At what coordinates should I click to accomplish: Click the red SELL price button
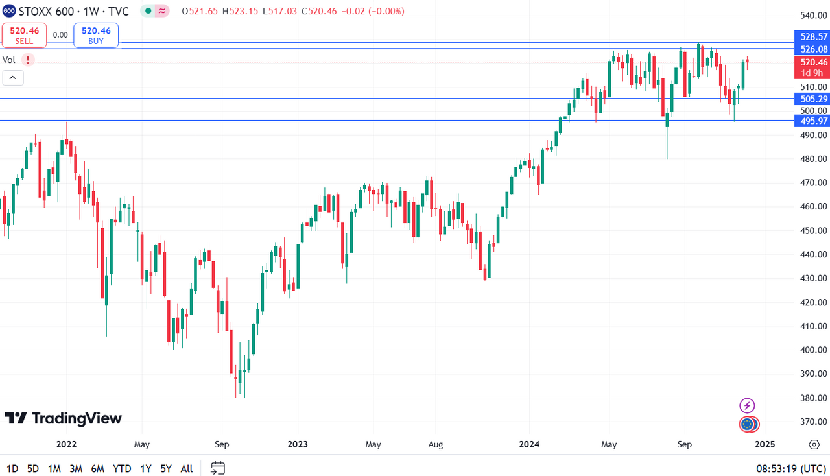pos(24,35)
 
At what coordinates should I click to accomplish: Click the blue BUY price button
pos(96,35)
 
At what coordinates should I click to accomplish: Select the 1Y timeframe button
pos(146,468)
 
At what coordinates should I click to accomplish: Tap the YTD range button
pos(122,468)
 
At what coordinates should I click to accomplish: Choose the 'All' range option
pos(187,468)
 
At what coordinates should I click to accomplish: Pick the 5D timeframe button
pos(33,468)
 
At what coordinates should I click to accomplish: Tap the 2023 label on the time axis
pos(298,444)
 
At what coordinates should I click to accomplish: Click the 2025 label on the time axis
pos(765,444)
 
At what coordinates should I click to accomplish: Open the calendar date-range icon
pos(218,468)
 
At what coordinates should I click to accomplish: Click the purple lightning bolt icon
pos(747,406)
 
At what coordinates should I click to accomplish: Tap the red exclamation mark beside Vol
pos(28,60)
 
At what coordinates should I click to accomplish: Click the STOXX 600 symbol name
pos(45,11)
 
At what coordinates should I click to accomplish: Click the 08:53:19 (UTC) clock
pos(790,468)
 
